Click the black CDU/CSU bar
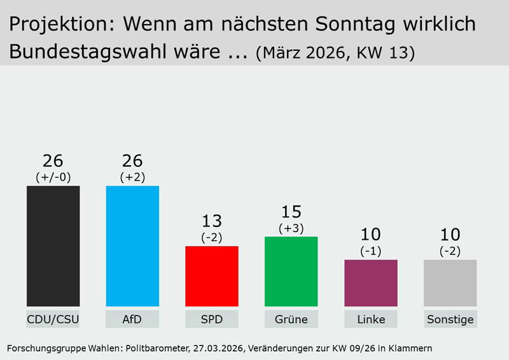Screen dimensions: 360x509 coord(53,246)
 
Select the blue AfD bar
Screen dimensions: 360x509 coord(132,246)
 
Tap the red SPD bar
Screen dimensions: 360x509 coord(212,276)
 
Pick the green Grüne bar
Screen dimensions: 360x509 coord(291,272)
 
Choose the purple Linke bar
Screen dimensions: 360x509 coord(371,283)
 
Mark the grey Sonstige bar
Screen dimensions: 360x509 coord(450,283)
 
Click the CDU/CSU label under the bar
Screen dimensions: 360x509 coord(53,319)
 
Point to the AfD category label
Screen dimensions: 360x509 coord(132,319)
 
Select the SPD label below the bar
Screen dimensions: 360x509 coord(212,319)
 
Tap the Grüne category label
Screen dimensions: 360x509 coord(291,319)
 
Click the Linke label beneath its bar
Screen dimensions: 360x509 coord(371,319)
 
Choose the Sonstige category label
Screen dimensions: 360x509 coord(450,319)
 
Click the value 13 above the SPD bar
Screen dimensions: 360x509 coord(212,221)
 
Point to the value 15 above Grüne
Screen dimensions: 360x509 coord(291,212)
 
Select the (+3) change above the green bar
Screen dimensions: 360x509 coord(291,227)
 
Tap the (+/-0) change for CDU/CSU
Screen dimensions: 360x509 coord(53,176)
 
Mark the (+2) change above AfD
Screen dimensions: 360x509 coord(132,176)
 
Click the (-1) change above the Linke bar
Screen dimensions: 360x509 coord(371,251)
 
